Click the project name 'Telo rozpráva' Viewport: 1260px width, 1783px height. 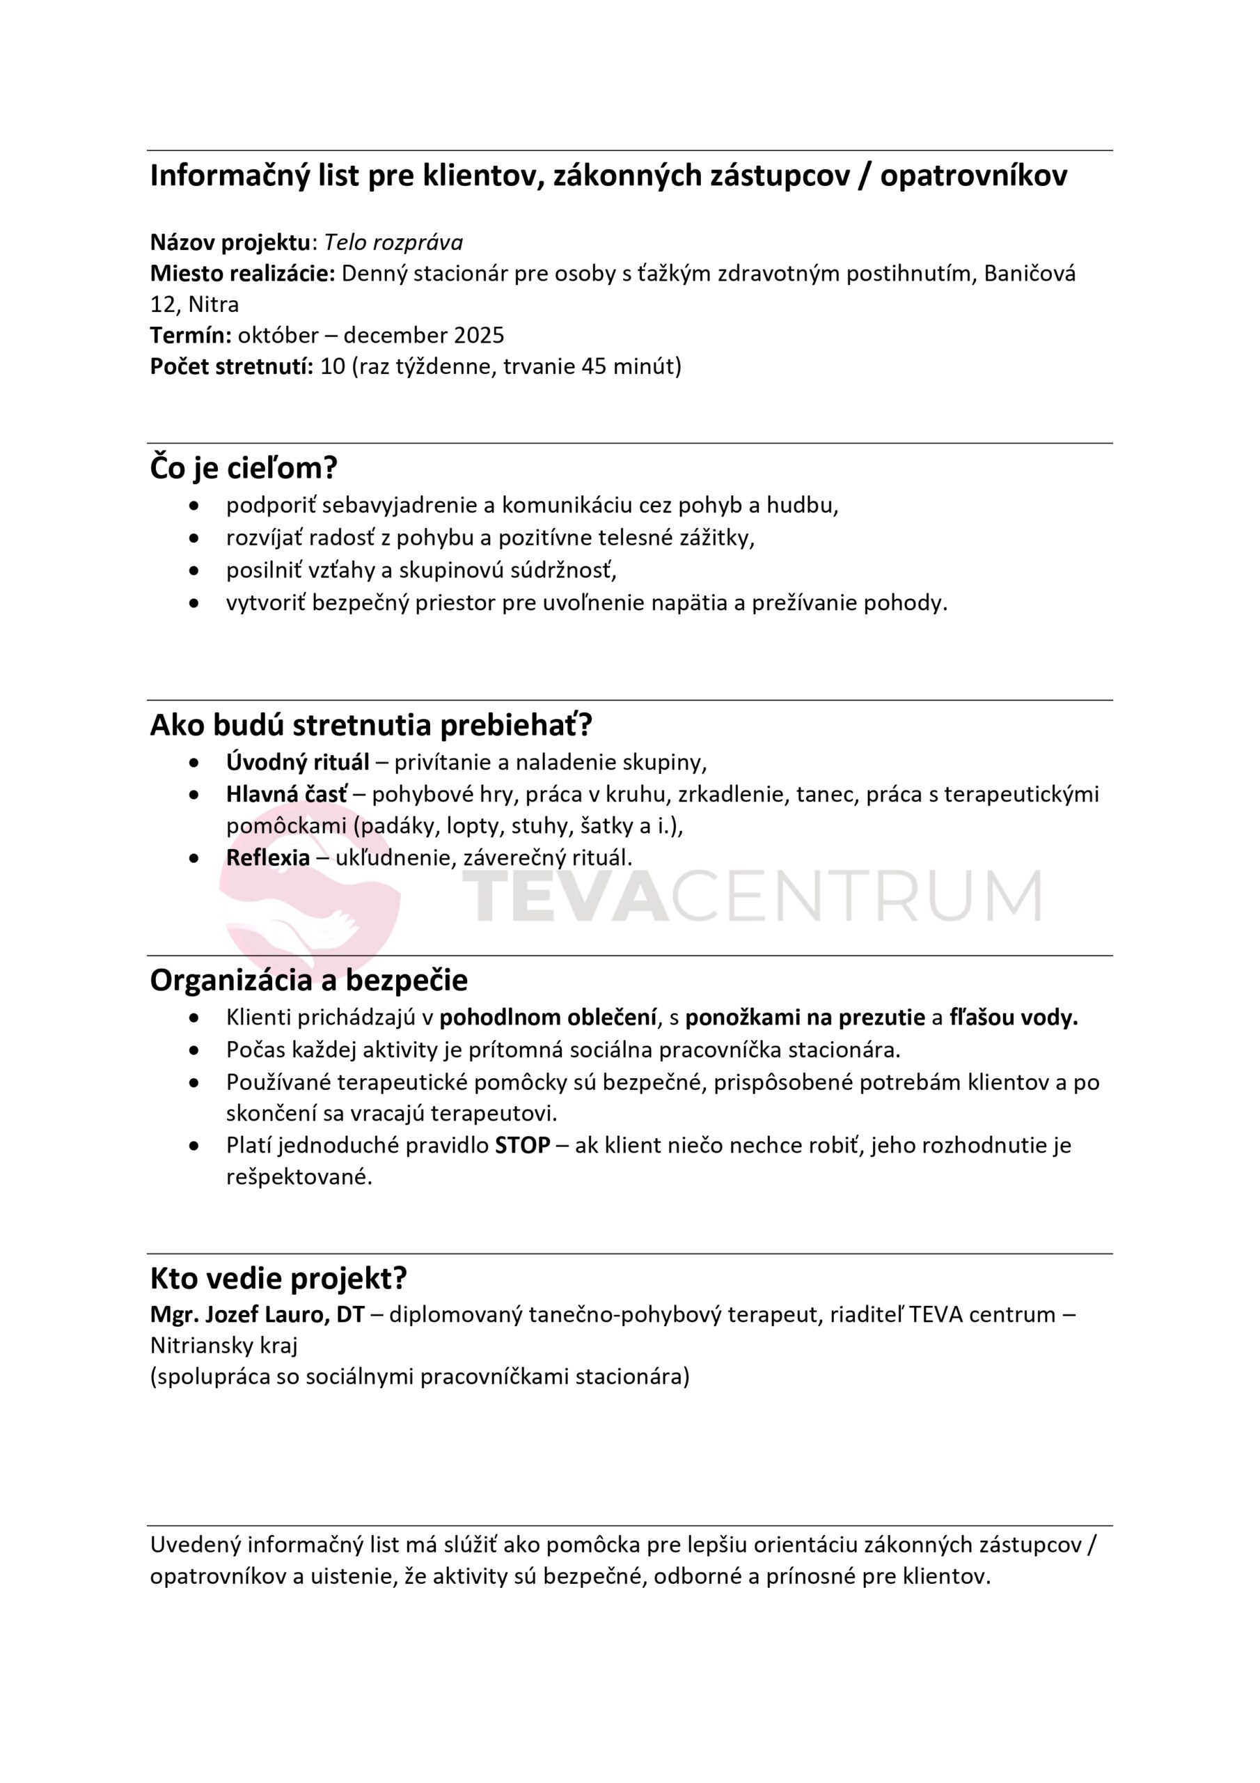click(x=393, y=242)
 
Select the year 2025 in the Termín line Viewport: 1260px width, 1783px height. click(x=479, y=335)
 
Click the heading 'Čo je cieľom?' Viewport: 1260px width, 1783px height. click(x=243, y=468)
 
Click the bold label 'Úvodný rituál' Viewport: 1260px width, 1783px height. click(x=297, y=762)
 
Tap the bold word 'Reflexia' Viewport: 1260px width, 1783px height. click(x=268, y=857)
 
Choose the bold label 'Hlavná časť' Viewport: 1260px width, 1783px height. click(x=288, y=794)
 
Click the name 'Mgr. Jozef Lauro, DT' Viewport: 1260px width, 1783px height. click(x=257, y=1314)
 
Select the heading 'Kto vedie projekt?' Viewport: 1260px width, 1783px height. click(x=278, y=1277)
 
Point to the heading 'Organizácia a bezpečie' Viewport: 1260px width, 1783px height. click(x=308, y=980)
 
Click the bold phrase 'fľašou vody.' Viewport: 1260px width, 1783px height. click(x=1013, y=1018)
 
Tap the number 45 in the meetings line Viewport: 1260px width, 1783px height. click(x=593, y=366)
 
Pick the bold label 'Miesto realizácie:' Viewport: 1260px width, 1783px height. click(x=242, y=273)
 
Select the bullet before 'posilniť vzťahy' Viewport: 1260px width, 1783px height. click(x=194, y=571)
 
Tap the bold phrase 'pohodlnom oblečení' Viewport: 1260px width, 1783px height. click(x=547, y=1018)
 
